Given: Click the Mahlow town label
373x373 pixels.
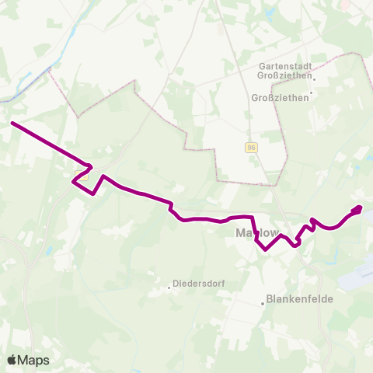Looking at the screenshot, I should pos(255,232).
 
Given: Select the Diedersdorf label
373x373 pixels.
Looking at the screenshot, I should pos(199,284).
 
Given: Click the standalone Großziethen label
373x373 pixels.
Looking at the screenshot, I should pos(280,97).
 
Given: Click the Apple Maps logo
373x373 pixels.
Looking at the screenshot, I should pos(28,360).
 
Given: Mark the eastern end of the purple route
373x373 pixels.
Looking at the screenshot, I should pos(360,207).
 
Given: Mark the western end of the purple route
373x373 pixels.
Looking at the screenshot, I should pos(12,123).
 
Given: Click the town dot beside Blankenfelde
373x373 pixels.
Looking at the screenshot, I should pos(263,303).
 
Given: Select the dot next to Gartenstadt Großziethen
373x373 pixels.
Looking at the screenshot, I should pos(315,78).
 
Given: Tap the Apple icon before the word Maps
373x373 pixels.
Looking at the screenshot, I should pos(12,360).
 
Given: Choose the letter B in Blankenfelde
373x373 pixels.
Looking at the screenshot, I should pos(269,298).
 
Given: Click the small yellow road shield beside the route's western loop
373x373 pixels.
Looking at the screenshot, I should pos(77,174).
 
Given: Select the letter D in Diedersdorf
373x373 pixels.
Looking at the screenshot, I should pos(176,284).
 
